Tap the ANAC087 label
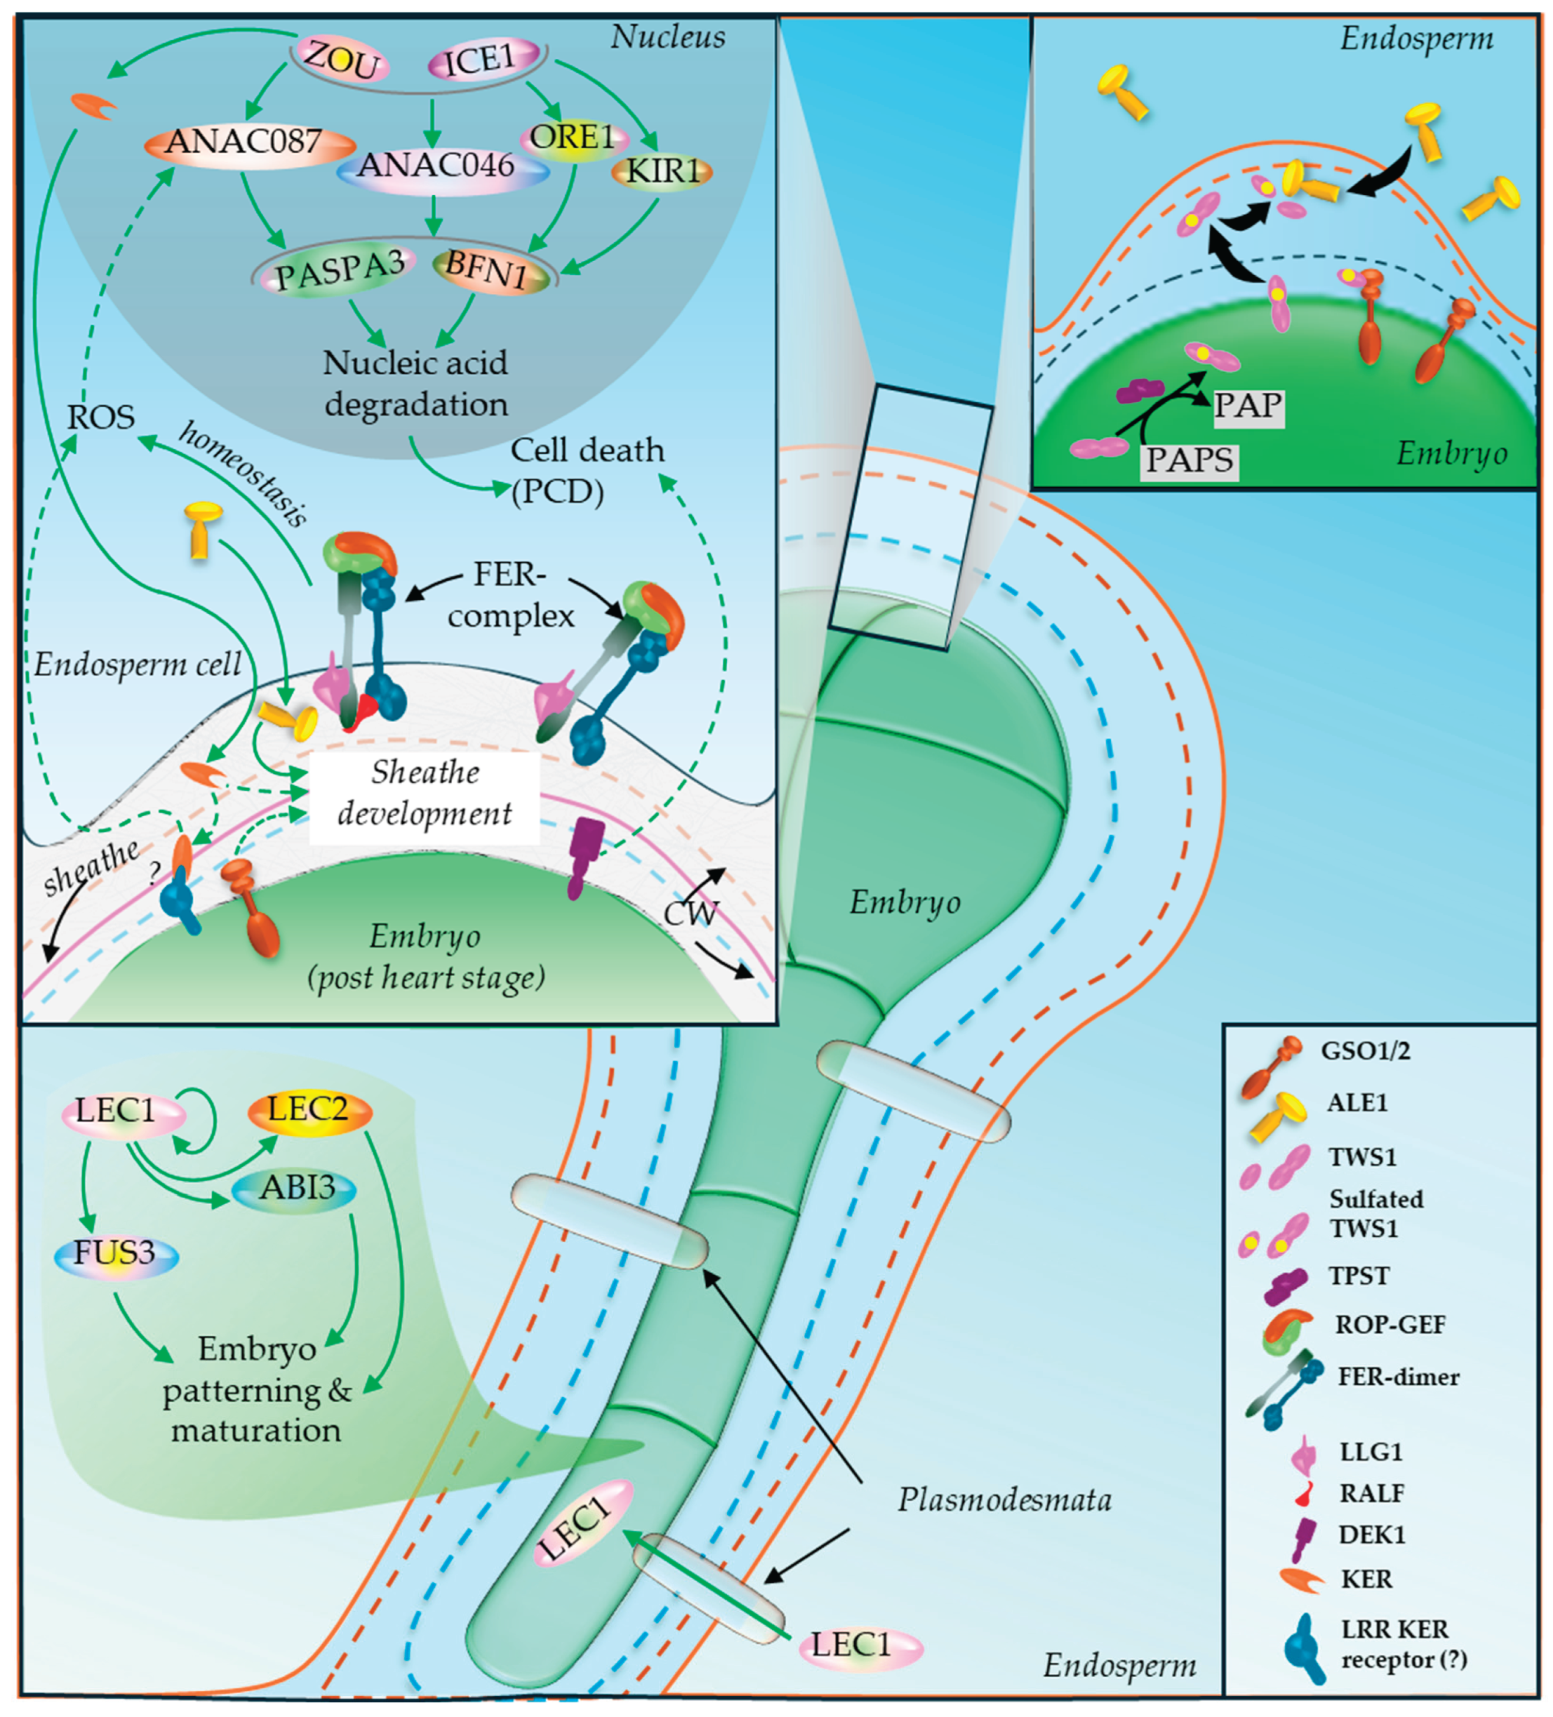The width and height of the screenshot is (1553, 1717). click(x=247, y=142)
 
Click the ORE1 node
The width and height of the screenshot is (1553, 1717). click(x=573, y=137)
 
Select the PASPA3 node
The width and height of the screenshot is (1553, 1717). click(x=340, y=271)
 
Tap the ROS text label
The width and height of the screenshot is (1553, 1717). click(x=101, y=417)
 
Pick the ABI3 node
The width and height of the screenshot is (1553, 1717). click(x=295, y=1188)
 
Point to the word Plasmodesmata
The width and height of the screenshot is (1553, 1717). click(x=1004, y=1499)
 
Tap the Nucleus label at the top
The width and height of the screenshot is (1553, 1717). click(x=668, y=38)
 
